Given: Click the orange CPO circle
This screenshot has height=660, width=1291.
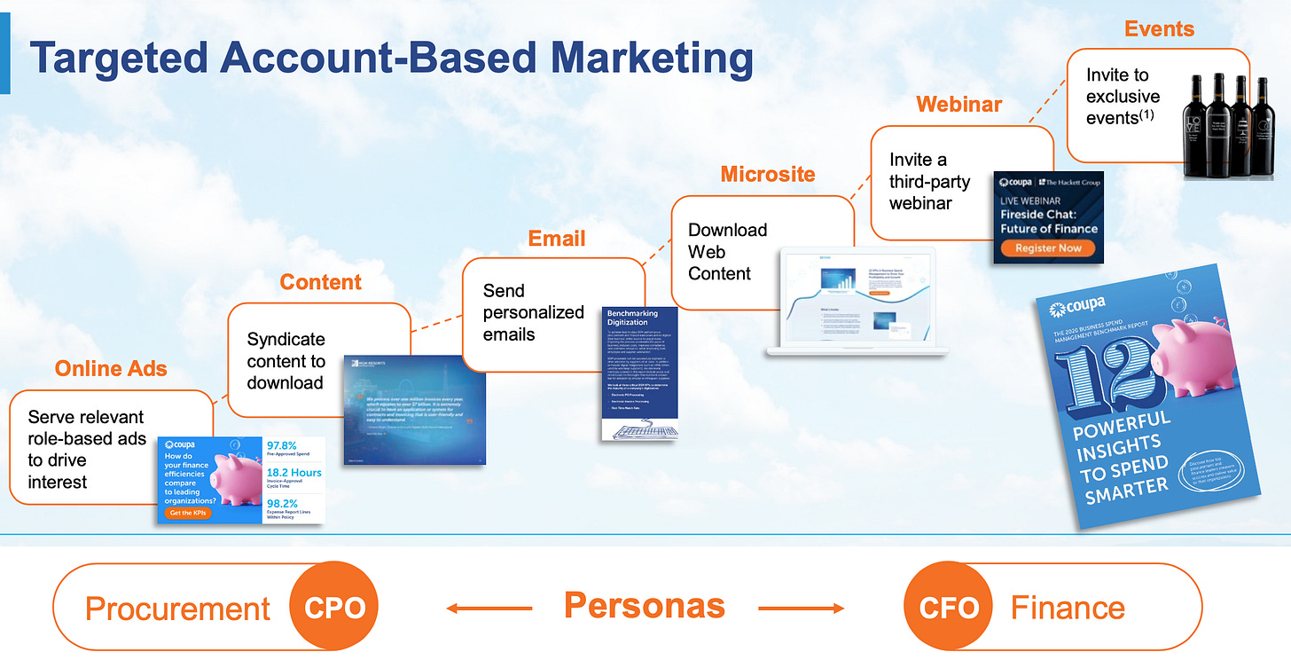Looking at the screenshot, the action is point(333,608).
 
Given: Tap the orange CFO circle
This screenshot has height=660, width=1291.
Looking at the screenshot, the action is point(948,608).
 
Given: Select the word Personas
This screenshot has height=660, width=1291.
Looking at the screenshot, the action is point(645,606).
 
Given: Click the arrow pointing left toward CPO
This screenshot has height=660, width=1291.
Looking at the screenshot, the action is point(488,609).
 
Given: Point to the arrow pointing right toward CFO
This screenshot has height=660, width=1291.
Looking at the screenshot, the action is point(801,609).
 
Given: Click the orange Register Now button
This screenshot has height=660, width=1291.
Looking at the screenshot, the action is point(1048,248).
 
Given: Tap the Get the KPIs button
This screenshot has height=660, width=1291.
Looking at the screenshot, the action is point(187,513).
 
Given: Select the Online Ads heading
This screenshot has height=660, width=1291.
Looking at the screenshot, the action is point(111,369).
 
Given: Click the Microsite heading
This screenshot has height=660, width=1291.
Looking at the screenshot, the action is point(767,174).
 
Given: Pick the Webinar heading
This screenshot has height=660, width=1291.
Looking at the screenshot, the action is point(959,105).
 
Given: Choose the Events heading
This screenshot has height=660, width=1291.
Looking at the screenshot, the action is point(1159,29).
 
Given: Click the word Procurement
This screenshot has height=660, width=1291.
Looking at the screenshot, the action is point(177,609).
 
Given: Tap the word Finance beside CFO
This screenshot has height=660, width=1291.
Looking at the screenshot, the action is point(1068,609).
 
